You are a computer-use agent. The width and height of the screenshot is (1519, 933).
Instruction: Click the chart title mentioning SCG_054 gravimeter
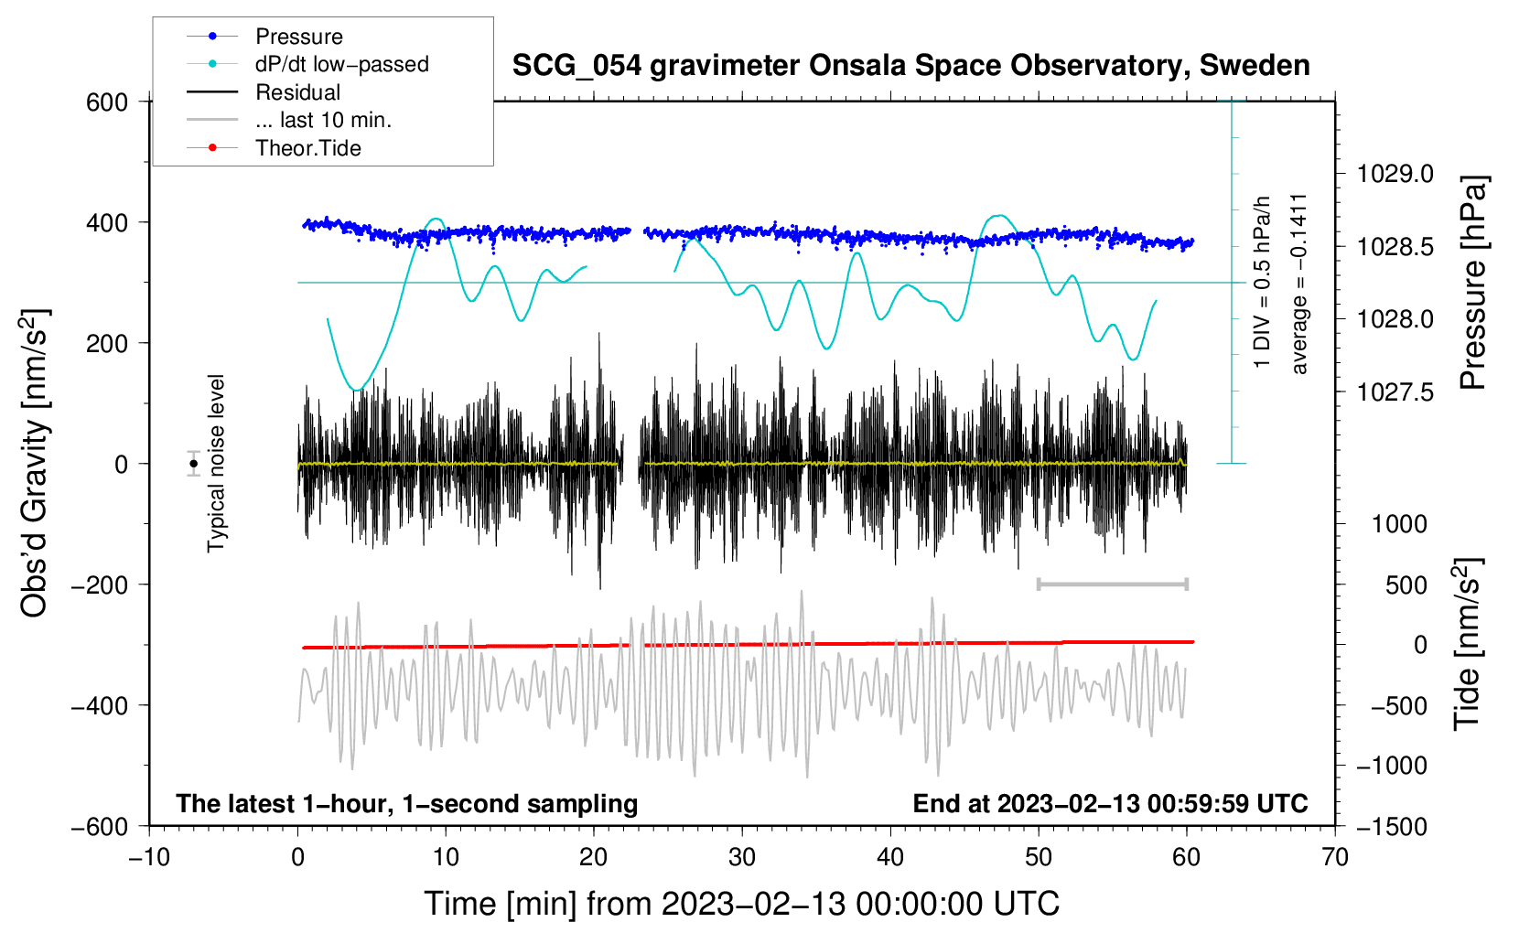(x=910, y=66)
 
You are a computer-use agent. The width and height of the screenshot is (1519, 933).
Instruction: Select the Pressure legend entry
(x=264, y=36)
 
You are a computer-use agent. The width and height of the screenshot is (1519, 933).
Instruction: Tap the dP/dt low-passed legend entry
(x=307, y=64)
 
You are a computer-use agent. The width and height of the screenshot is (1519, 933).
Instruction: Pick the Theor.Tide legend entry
(x=274, y=148)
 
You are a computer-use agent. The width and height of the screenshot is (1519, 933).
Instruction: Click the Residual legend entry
(x=264, y=92)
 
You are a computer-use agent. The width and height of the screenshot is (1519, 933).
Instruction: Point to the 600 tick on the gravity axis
(x=107, y=102)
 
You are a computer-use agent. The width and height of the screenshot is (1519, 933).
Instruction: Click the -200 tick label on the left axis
(x=100, y=584)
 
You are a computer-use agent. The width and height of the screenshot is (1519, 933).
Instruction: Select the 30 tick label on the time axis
(x=742, y=857)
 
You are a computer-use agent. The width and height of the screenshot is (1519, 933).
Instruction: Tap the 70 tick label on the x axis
(x=1334, y=857)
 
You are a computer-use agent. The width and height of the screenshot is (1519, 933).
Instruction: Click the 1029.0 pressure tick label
(x=1395, y=175)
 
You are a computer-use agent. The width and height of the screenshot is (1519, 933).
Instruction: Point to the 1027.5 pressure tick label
(x=1395, y=391)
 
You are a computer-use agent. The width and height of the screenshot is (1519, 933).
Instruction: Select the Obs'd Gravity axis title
(x=35, y=463)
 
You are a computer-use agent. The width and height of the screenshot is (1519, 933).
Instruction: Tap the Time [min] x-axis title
(x=742, y=904)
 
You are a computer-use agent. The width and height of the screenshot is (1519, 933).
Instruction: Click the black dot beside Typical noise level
(x=194, y=464)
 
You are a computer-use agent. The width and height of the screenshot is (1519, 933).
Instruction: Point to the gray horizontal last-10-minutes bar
(x=1113, y=584)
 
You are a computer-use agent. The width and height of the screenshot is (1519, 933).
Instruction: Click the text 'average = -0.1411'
(x=1298, y=284)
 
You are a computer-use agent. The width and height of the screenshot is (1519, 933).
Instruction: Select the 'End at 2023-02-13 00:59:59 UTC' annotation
(x=1110, y=803)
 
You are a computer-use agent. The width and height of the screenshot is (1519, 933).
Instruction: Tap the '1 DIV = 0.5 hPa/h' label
(x=1261, y=282)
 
